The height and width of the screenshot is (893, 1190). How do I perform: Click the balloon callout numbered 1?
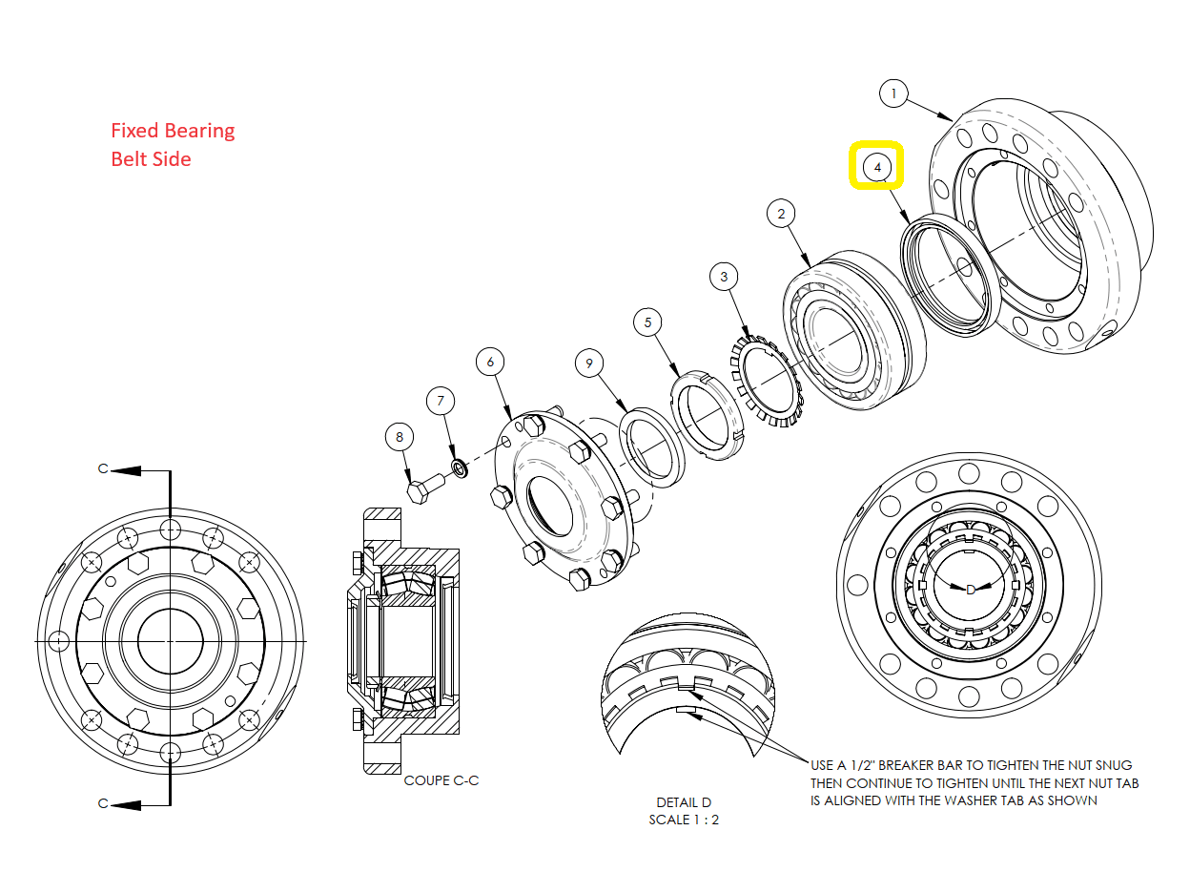(892, 93)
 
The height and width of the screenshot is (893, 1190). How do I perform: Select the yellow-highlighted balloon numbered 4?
(876, 167)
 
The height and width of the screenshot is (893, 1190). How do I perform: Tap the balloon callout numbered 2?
(781, 214)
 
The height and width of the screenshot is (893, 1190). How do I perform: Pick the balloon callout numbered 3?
(724, 277)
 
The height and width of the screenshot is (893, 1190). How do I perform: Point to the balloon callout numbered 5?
(647, 322)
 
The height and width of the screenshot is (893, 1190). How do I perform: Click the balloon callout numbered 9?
(589, 363)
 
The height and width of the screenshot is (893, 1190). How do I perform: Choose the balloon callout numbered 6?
(490, 362)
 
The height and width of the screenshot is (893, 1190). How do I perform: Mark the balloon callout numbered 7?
(441, 401)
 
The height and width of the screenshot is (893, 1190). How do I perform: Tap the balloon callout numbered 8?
(400, 437)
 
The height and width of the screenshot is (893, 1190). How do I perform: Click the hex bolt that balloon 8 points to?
(425, 488)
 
